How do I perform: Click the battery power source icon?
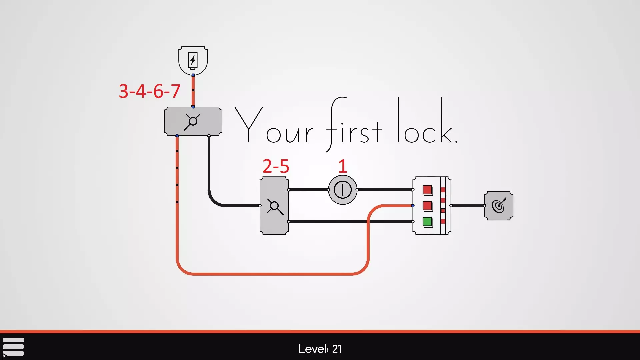193,61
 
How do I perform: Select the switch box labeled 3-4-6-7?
193,121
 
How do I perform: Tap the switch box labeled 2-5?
274,206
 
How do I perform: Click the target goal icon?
499,206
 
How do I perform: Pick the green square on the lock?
427,222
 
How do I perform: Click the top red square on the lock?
427,190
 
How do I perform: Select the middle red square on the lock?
427,206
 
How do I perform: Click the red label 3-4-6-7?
150,91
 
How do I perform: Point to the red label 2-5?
276,166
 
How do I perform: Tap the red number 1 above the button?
343,166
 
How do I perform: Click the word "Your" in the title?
274,125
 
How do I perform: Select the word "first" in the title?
354,124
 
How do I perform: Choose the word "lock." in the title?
428,120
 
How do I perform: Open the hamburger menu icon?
13,347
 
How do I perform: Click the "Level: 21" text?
320,349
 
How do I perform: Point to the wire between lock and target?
468,206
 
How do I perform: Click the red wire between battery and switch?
193,91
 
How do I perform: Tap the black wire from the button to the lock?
385,190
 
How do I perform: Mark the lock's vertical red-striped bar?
443,206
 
